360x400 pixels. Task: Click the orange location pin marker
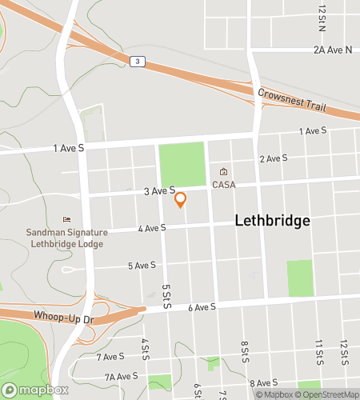point(180,199)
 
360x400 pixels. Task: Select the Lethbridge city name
point(272,222)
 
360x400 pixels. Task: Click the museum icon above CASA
point(223,172)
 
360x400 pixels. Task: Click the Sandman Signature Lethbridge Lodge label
point(66,238)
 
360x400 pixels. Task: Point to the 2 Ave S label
point(273,158)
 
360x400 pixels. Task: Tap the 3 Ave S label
point(159,191)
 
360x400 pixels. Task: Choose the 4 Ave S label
point(151,228)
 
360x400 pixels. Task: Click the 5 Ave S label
point(142,266)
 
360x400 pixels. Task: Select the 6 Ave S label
point(202,307)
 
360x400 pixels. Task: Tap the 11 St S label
point(318,350)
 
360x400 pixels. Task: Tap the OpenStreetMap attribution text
point(328,394)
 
